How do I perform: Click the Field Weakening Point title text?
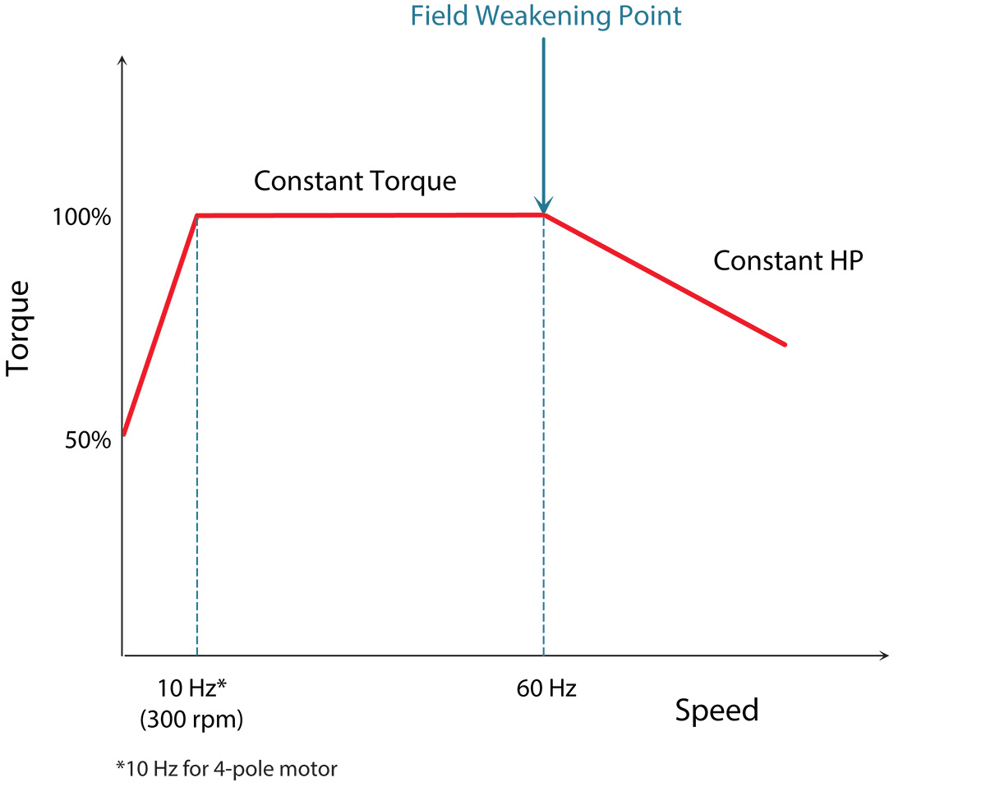(x=546, y=16)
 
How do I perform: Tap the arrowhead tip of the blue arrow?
(x=543, y=211)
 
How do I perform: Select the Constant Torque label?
(x=354, y=181)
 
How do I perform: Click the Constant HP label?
(x=787, y=260)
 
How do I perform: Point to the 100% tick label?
(x=81, y=219)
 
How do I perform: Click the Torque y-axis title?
(x=18, y=329)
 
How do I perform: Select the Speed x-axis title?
(x=716, y=710)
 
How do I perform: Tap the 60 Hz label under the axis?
(x=546, y=688)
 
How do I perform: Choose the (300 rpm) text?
(x=191, y=720)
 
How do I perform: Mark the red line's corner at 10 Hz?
(x=197, y=216)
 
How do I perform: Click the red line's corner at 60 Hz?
(x=543, y=215)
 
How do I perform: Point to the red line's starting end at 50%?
(x=124, y=433)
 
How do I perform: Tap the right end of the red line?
(x=785, y=344)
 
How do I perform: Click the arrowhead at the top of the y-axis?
(x=122, y=59)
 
